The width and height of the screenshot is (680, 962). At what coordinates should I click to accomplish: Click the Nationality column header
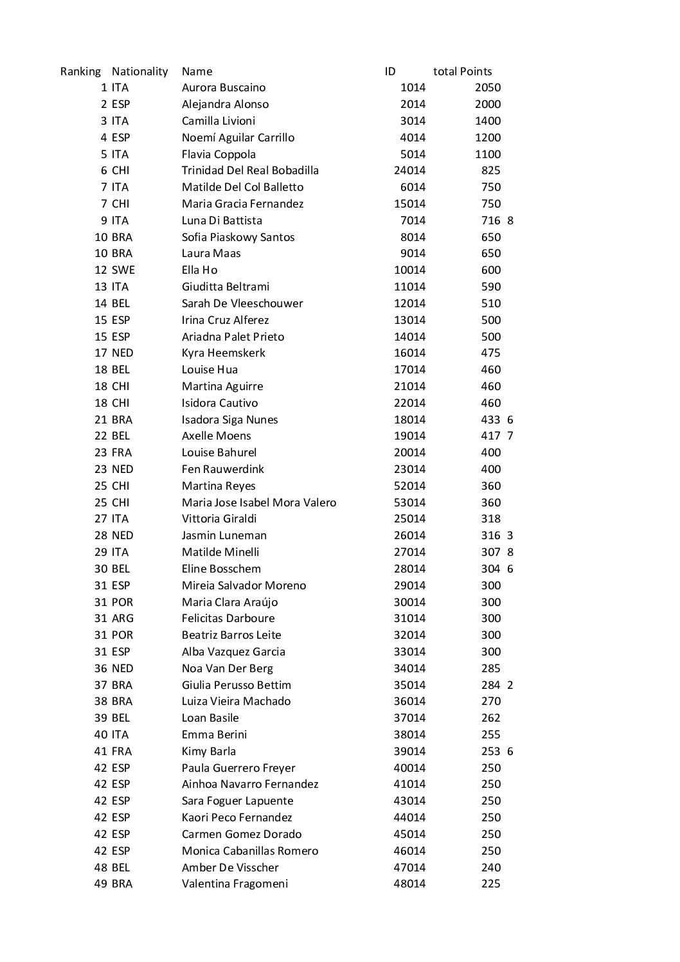coord(139,71)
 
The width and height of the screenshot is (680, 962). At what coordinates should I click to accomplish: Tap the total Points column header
coord(462,71)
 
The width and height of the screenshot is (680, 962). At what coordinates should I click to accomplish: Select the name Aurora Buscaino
coord(223,87)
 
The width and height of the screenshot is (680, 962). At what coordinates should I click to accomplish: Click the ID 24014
coord(409,170)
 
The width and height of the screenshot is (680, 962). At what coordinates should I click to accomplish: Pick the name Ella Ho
coord(199,270)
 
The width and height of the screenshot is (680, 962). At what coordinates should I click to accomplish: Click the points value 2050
coord(487,87)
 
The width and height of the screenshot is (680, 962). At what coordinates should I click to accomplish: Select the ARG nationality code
coord(122,618)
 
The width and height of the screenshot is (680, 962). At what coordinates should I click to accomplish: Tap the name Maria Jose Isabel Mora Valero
coord(258,503)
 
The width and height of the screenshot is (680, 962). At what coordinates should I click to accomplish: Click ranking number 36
coord(101,668)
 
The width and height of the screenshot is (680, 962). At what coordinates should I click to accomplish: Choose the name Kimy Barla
coord(208,751)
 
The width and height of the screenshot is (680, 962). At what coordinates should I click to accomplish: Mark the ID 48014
coord(409,884)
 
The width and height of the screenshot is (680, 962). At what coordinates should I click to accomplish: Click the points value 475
coord(490,353)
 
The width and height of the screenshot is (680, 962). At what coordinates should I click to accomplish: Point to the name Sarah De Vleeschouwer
coord(242,303)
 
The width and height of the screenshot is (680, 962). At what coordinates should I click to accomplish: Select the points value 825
coord(490,170)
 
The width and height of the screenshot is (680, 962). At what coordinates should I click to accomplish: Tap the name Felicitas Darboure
coord(228,618)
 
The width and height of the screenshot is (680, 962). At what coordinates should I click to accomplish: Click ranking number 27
coord(101,519)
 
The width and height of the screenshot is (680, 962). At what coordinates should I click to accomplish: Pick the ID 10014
coord(409,270)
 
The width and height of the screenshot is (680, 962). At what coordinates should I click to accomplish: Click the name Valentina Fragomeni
coord(235,884)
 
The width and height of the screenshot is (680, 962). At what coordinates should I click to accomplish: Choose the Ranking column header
coord(80,71)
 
